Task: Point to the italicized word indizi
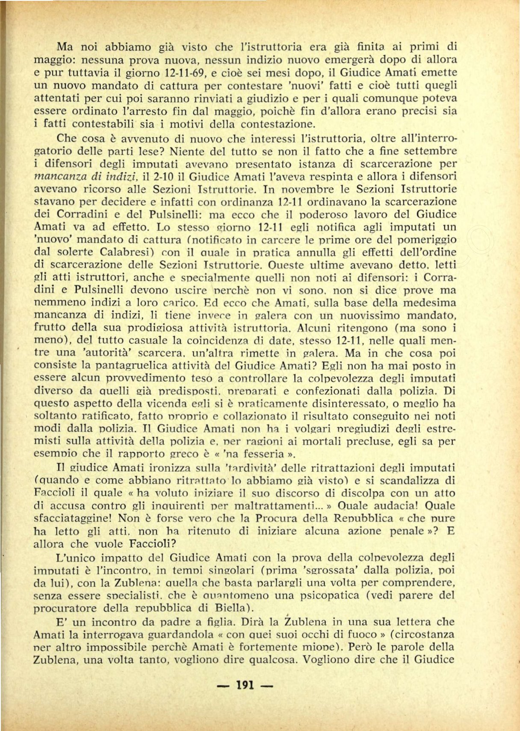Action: [x=121, y=176]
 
